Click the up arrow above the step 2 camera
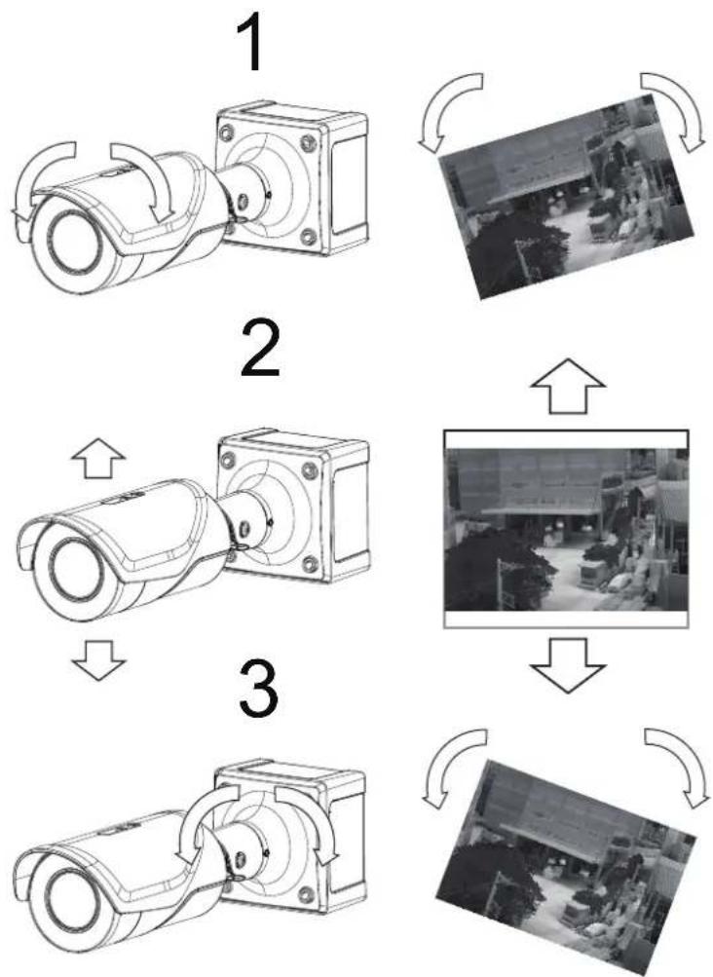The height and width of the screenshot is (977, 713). point(97,458)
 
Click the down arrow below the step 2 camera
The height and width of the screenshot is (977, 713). point(97,660)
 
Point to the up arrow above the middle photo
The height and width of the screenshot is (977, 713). point(567,387)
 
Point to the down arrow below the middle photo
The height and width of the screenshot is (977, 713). point(567,664)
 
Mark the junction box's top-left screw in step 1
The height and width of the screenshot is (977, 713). point(228,132)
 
